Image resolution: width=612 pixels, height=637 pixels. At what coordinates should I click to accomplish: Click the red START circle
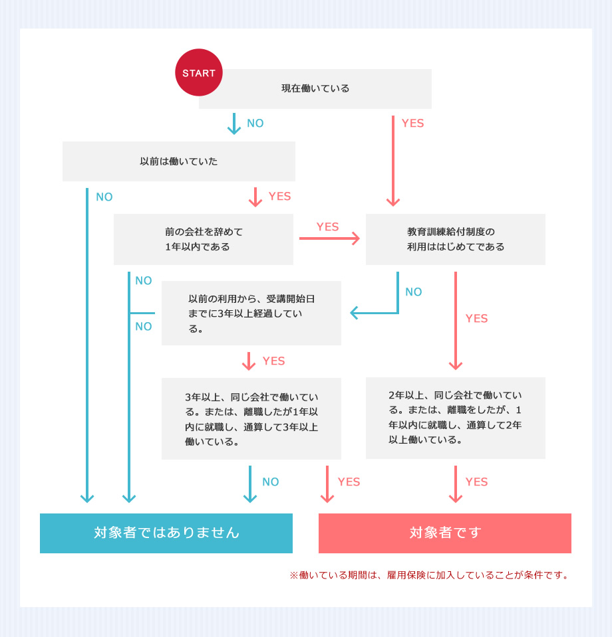198,72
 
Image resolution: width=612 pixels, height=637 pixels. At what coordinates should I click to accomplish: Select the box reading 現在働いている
315,89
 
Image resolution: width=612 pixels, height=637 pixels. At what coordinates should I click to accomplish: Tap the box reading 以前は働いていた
178,161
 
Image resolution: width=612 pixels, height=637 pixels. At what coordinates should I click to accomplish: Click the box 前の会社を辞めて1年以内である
204,239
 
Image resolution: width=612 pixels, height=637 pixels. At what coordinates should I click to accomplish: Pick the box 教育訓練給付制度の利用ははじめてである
455,239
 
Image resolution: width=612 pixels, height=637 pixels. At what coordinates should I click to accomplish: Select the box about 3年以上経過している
251,313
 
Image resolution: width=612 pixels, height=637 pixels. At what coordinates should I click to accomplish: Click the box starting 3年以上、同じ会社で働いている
251,418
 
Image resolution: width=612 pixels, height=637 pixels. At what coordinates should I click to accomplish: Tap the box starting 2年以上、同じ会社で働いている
455,418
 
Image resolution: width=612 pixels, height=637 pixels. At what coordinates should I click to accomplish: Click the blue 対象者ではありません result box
166,533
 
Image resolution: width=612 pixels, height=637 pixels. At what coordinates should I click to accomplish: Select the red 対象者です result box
444,533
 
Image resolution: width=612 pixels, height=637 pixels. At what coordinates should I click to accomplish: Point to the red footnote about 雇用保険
430,575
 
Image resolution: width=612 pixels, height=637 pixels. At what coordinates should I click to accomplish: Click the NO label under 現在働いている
255,124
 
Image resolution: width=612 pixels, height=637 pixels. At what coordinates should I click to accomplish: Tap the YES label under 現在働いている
412,124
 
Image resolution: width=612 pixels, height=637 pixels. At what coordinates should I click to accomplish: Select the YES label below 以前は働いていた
279,197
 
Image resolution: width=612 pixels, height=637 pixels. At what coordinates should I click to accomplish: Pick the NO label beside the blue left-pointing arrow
414,292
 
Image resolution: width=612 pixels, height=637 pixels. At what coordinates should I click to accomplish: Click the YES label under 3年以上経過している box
273,361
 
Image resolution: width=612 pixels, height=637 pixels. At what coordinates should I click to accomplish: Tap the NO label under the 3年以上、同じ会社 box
270,482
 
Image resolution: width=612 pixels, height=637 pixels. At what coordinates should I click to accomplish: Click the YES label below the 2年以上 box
476,482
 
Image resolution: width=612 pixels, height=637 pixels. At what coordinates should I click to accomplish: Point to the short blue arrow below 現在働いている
233,124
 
